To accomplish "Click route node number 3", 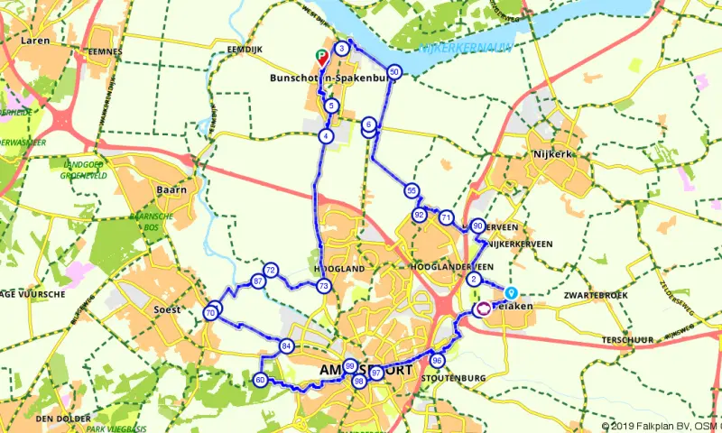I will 342,48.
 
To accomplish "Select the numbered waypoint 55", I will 412,190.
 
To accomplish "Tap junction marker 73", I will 323,286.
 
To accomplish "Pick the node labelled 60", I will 260,380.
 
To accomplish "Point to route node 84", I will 286,345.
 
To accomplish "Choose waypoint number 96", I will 438,361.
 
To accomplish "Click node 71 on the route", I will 446,217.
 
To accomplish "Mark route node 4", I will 325,136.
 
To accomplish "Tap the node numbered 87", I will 259,282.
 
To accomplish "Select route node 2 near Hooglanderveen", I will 474,280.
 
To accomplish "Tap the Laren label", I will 34,41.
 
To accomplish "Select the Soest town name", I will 167,309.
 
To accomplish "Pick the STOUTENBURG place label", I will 454,377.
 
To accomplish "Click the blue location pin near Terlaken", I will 512,292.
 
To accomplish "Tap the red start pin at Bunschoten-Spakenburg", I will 320,57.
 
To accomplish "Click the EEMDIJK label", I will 245,49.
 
